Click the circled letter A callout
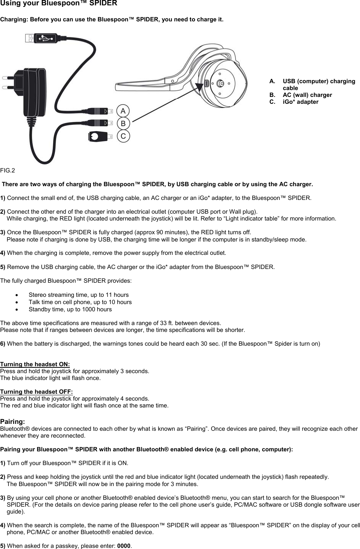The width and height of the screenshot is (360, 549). pyautogui.click(x=123, y=111)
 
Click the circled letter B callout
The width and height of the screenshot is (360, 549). pyautogui.click(x=123, y=124)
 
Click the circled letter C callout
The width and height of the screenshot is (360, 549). pyautogui.click(x=123, y=136)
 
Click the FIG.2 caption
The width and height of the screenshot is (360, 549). pyautogui.click(x=8, y=170)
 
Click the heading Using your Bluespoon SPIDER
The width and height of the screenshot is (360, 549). pyautogui.click(x=58, y=3)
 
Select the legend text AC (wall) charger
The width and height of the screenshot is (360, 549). pyautogui.click(x=307, y=95)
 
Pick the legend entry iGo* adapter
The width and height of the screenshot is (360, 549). pyautogui.click(x=300, y=102)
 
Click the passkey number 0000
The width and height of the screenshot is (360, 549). pyautogui.click(x=124, y=546)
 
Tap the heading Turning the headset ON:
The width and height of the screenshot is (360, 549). pyautogui.click(x=35, y=364)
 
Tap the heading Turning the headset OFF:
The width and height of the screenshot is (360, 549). pyautogui.click(x=36, y=392)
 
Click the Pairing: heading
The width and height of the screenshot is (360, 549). pyautogui.click(x=13, y=422)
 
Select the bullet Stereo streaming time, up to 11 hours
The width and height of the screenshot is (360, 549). pyautogui.click(x=78, y=295)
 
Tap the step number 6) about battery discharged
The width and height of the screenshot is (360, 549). pyautogui.click(x=3, y=344)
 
